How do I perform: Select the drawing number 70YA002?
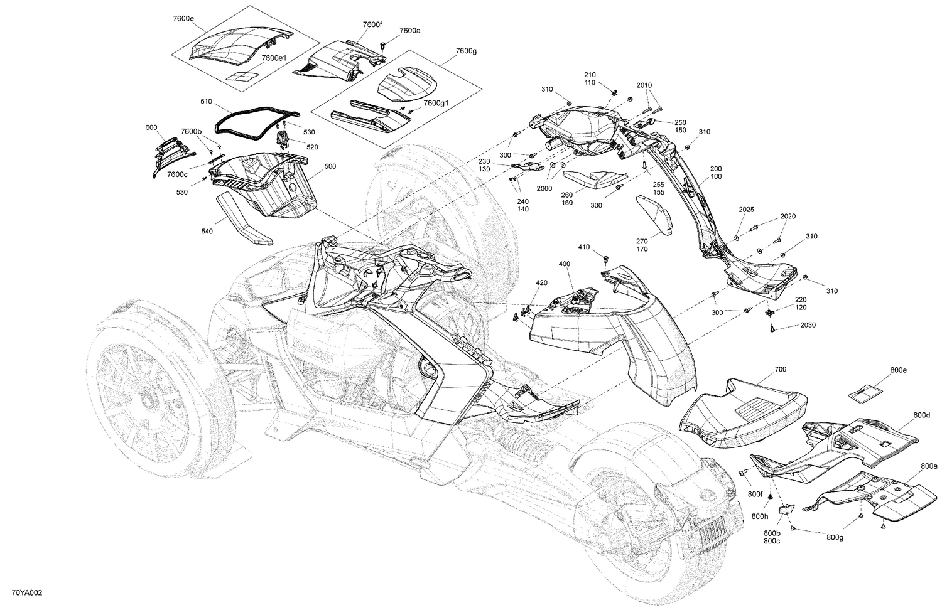[x=27, y=592]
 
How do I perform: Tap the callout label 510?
[x=207, y=101]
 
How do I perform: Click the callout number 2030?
[x=808, y=325]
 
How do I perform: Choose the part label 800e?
[x=899, y=370]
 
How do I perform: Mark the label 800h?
[x=760, y=516]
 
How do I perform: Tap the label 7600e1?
[x=274, y=58]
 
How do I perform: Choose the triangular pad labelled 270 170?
[x=654, y=215]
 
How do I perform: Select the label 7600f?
[x=372, y=24]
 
